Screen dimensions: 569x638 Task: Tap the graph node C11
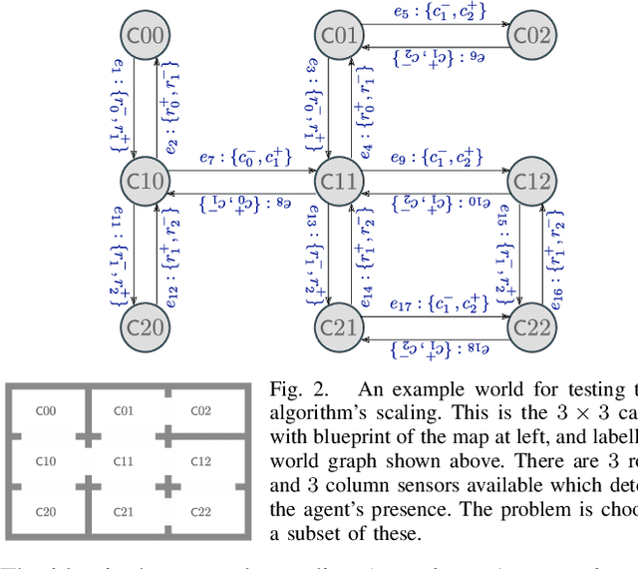(x=339, y=181)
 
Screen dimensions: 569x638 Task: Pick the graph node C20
(x=147, y=325)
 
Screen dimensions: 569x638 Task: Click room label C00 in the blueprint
(x=46, y=410)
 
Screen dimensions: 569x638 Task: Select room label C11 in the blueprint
(x=124, y=461)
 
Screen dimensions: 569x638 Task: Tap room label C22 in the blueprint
(x=201, y=512)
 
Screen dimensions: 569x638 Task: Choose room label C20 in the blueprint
(x=46, y=512)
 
